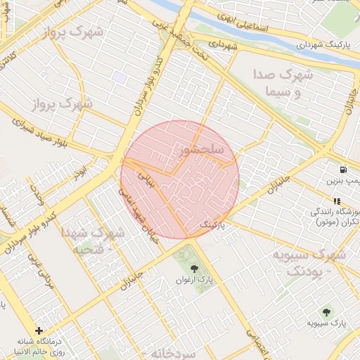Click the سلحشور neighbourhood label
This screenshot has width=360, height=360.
[x=201, y=150]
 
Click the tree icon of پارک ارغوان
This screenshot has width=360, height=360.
[x=194, y=268]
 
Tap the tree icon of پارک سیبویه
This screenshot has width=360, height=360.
[x=326, y=311]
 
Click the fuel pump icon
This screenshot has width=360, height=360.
[x=342, y=169]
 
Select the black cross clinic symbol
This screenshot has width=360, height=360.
[x=39, y=330]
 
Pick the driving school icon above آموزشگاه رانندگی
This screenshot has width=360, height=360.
[x=336, y=202]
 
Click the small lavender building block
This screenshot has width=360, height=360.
[x=120, y=77]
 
